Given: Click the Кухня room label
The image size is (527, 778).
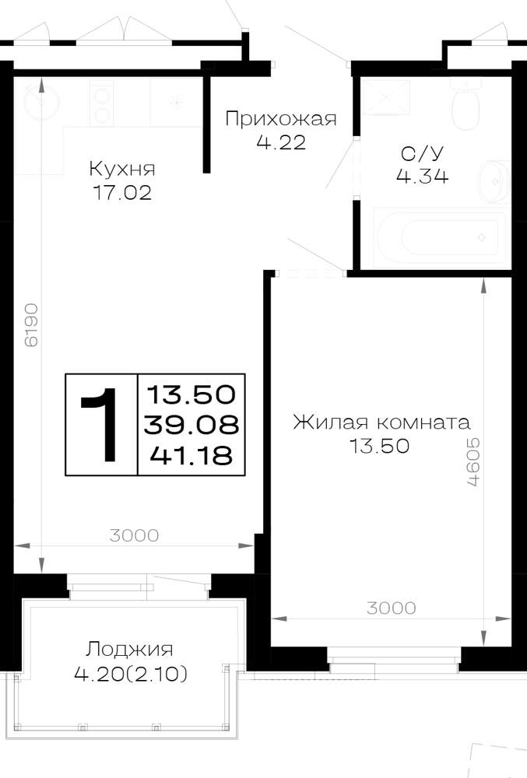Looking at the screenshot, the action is pyautogui.click(x=122, y=169).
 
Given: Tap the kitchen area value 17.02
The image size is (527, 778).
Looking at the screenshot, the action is pyautogui.click(x=122, y=192).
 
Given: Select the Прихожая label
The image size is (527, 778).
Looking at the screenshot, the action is pyautogui.click(x=281, y=119).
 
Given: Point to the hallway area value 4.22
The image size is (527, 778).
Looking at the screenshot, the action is pyautogui.click(x=281, y=143).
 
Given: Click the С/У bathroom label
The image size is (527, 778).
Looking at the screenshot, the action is pyautogui.click(x=421, y=154).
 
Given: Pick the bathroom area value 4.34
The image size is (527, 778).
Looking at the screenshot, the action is pyautogui.click(x=422, y=176).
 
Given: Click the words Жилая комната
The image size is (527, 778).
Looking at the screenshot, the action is pyautogui.click(x=381, y=422).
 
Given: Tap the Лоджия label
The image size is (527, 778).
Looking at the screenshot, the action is pyautogui.click(x=129, y=650).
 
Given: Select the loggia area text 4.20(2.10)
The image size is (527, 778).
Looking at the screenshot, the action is pyautogui.click(x=131, y=674).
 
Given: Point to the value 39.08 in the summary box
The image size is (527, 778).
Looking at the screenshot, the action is pyautogui.click(x=191, y=425).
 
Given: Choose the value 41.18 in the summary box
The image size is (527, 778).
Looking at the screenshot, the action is pyautogui.click(x=191, y=455).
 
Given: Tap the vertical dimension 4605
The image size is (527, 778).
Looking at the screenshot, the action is pyautogui.click(x=473, y=462).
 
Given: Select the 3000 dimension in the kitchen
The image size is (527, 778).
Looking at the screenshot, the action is pyautogui.click(x=134, y=535).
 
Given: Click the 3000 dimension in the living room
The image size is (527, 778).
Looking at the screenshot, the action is pyautogui.click(x=392, y=608).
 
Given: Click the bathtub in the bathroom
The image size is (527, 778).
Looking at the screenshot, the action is pyautogui.click(x=437, y=237).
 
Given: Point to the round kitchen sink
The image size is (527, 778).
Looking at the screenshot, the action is pyautogui.click(x=40, y=103).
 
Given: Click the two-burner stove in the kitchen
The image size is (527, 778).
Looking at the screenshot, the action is pyautogui.click(x=102, y=103).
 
